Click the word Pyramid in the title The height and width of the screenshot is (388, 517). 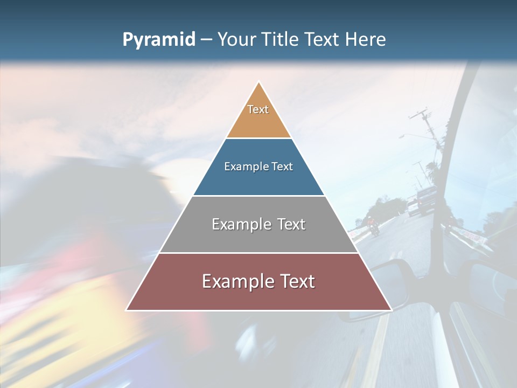(x=158, y=39)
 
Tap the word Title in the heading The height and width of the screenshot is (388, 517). (x=282, y=39)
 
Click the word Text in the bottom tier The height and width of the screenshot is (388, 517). (x=297, y=281)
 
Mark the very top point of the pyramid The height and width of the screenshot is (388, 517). (x=258, y=82)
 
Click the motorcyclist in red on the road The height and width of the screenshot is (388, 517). (x=372, y=225)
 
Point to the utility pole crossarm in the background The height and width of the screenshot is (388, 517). (x=421, y=114)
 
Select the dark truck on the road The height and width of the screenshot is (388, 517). (x=426, y=200)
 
